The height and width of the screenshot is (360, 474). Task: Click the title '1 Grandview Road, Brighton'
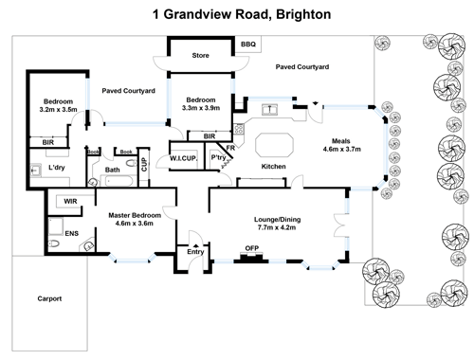coord(236,14)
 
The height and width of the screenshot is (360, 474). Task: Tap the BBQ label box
coord(248,45)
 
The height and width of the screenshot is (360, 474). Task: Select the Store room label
coord(200,55)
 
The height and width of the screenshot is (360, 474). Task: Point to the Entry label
coord(196,251)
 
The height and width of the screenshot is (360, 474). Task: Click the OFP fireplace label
coord(252,248)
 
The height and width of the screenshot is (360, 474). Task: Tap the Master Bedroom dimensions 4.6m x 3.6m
coord(130,225)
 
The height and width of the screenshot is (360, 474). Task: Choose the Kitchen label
coord(274,167)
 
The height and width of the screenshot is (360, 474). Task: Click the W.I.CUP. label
coord(182,157)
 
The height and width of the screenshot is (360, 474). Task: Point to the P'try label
coord(218,157)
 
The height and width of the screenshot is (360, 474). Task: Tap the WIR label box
coord(70,201)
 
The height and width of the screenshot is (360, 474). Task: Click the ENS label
coord(72,232)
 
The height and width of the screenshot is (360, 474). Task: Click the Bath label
coord(113,171)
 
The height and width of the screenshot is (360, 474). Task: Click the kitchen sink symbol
coord(272,112)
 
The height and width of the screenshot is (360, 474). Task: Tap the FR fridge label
coord(230,148)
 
